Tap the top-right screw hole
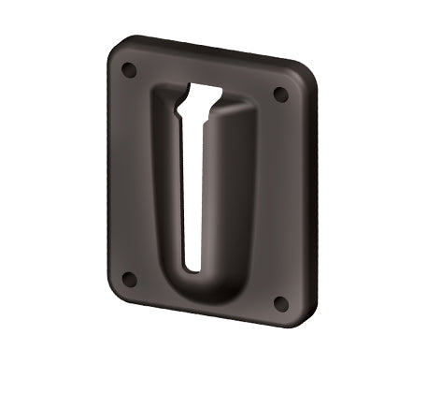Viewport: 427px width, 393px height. click(x=279, y=95)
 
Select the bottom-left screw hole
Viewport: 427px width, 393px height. click(x=131, y=279)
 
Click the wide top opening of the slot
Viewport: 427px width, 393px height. click(x=205, y=95)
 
